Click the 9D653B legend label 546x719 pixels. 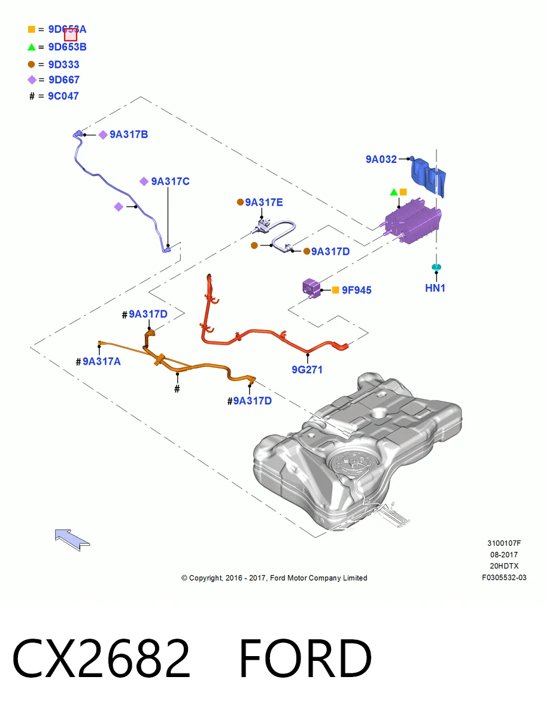click(x=68, y=47)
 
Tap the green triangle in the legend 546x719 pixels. click(x=31, y=47)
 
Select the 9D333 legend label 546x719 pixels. click(x=64, y=65)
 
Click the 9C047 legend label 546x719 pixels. click(x=63, y=96)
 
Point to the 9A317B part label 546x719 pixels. click(x=129, y=134)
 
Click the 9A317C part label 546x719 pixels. click(x=171, y=181)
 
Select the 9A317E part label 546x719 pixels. click(x=264, y=202)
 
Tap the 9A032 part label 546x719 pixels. click(x=381, y=159)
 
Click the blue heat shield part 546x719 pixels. click(x=429, y=177)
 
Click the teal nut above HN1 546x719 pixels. click(x=436, y=267)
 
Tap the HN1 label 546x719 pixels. click(x=435, y=288)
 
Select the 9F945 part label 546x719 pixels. click(x=357, y=290)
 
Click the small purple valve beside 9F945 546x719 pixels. click(x=311, y=288)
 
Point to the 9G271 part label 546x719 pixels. click(x=307, y=370)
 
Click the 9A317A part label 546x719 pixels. click(x=102, y=361)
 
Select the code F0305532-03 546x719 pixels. click(x=504, y=577)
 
